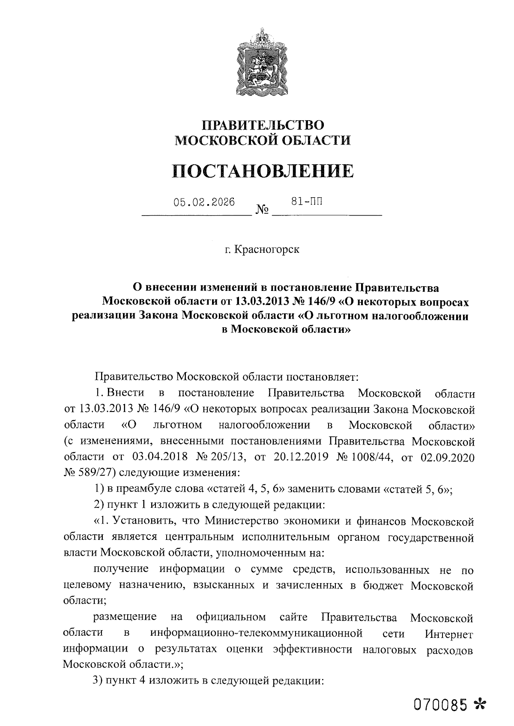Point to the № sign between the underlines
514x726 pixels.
pyautogui.click(x=262, y=210)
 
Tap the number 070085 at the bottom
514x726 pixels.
pyautogui.click(x=438, y=704)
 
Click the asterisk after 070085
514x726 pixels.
pyautogui.click(x=479, y=704)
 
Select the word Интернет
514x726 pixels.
pyautogui.click(x=449, y=634)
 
